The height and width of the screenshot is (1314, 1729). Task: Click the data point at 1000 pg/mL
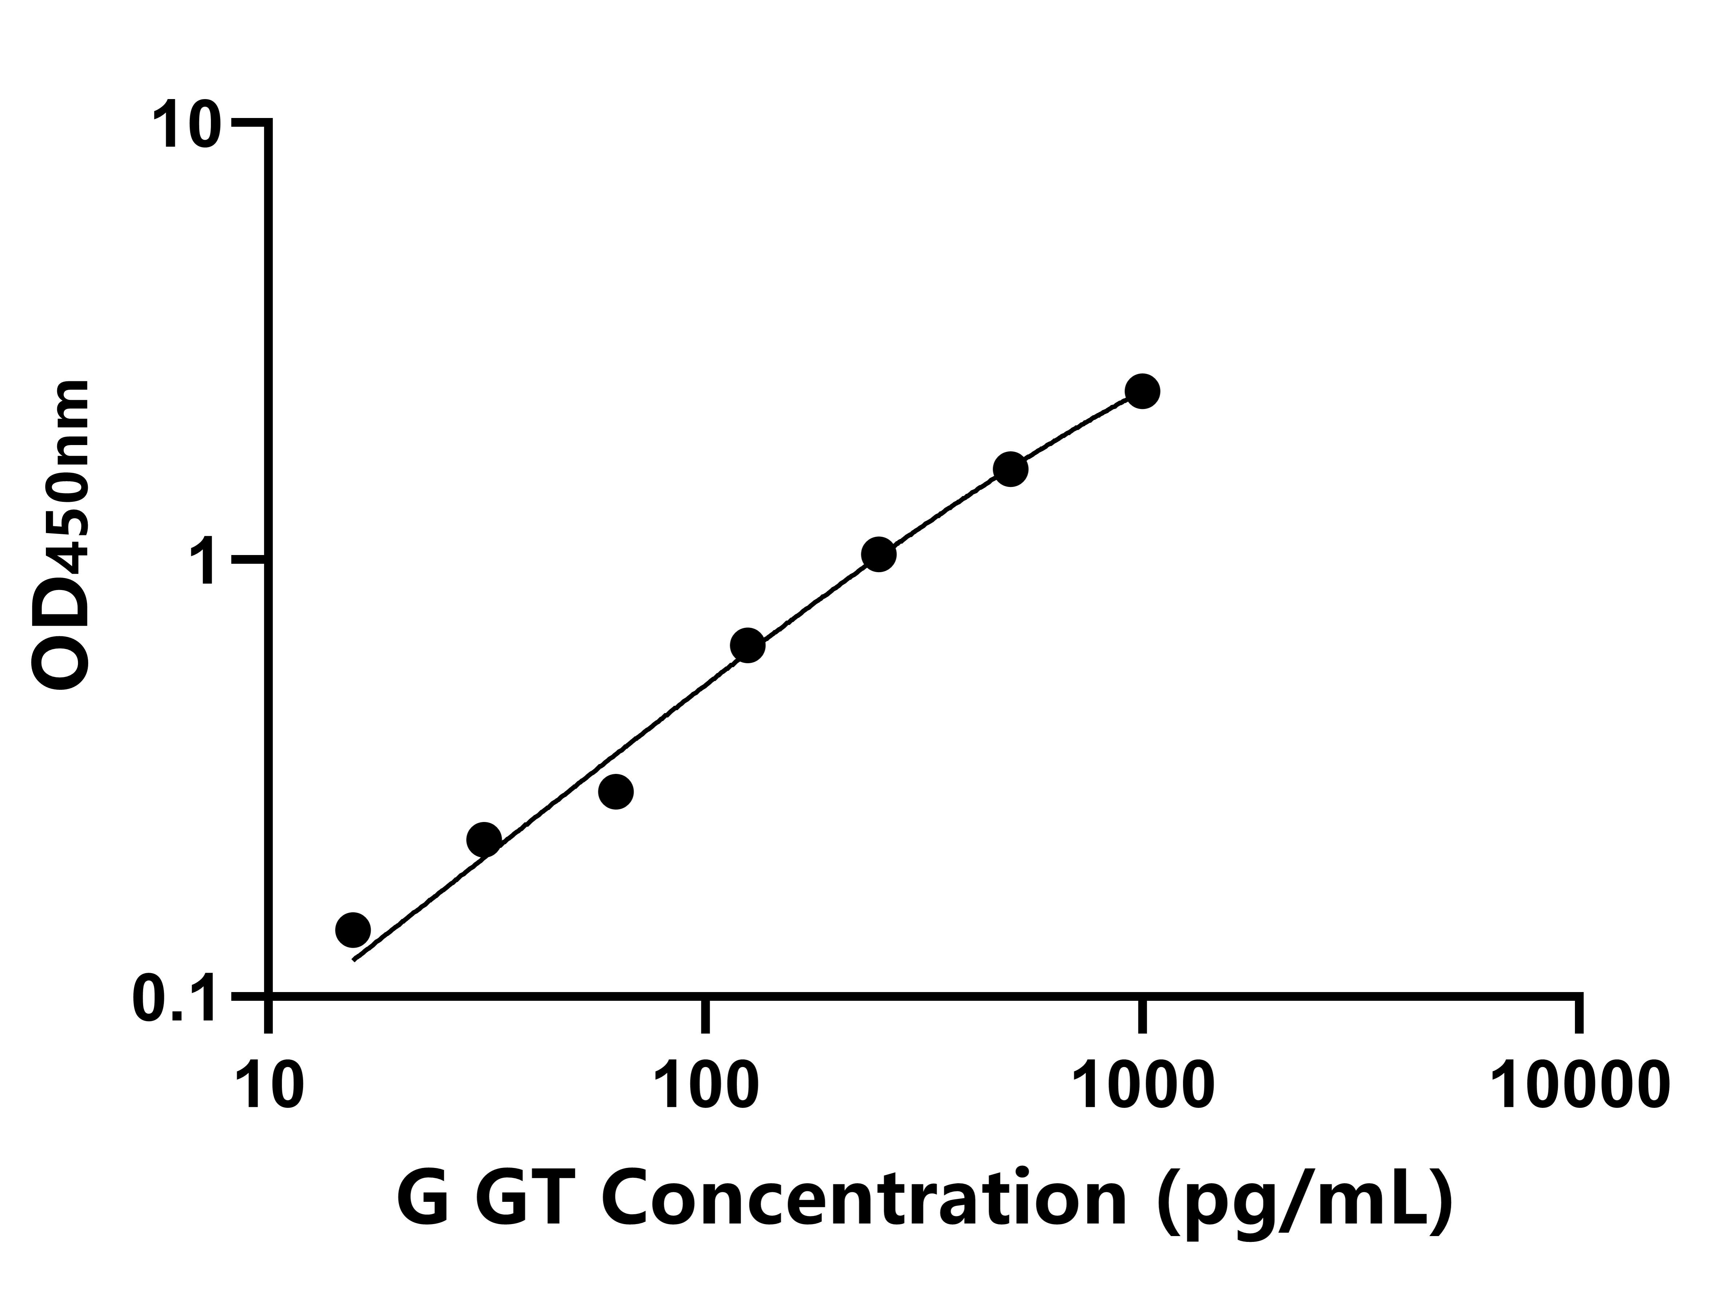click(1142, 391)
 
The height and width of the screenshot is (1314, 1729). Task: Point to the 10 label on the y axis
click(188, 125)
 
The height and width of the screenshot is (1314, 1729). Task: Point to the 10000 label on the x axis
click(1580, 1087)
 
